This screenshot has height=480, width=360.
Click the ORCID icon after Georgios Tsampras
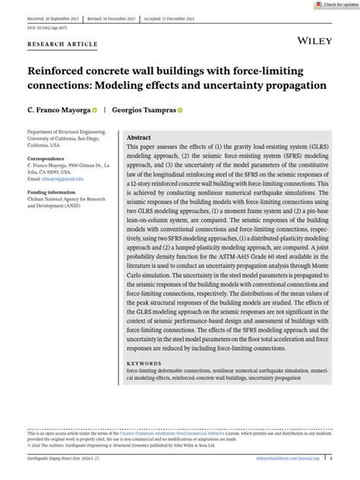[x=181, y=109]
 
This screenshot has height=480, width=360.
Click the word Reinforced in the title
[x=60, y=70]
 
